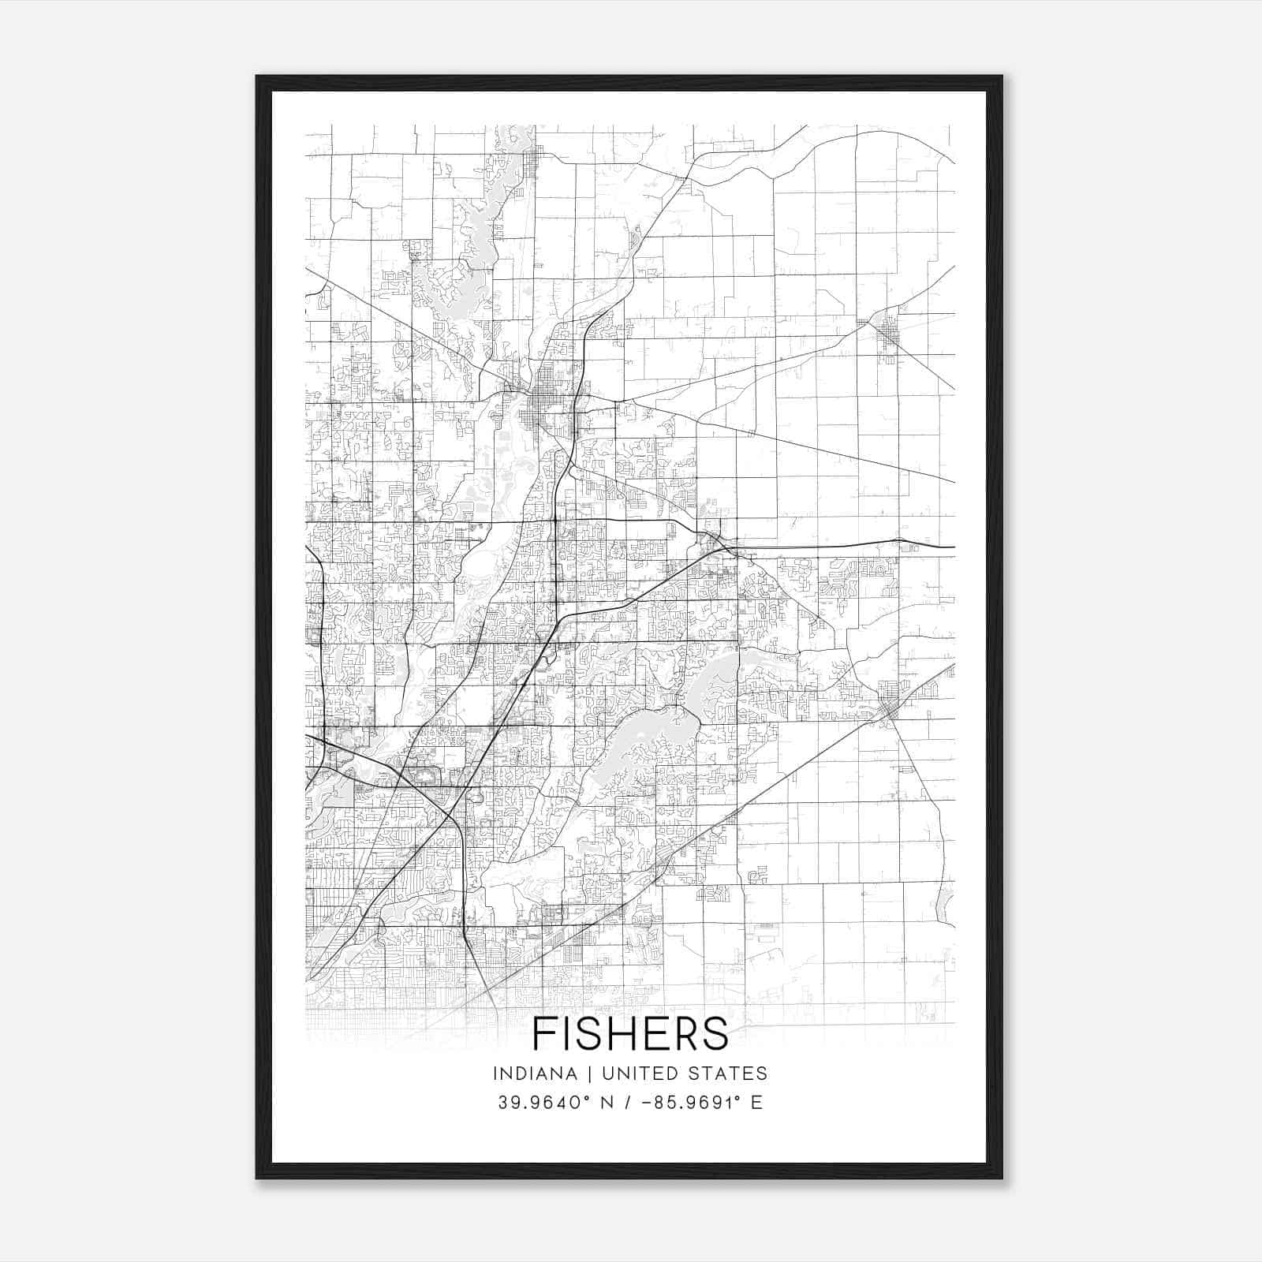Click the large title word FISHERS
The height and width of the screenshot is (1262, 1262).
tap(630, 1033)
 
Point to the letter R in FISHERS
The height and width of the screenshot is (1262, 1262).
tap(685, 1033)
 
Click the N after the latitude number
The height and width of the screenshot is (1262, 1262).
tap(605, 1103)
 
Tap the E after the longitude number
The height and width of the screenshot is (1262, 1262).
tap(756, 1103)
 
